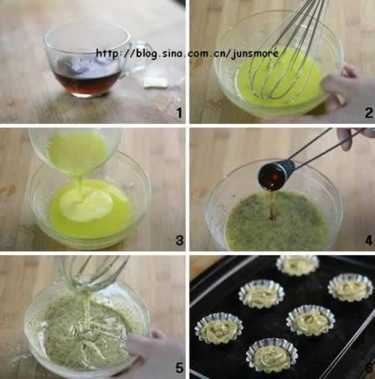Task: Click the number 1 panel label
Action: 179,113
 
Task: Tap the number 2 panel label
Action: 369,113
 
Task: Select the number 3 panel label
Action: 179,240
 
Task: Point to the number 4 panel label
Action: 369,240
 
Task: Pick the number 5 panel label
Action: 179,368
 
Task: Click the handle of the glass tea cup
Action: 141,59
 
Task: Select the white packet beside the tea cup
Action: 155,83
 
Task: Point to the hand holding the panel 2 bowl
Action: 350,92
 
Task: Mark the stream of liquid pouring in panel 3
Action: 79,188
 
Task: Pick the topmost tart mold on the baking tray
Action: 298,265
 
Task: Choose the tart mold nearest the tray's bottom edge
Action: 271,355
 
